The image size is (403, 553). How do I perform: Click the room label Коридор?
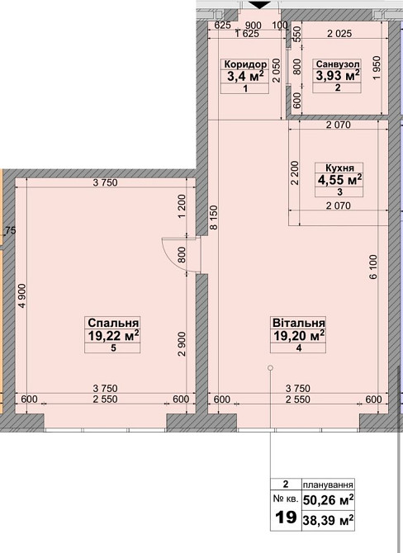(245, 64)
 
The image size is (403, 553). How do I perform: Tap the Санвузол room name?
(338, 64)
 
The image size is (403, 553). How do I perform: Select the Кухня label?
(339, 168)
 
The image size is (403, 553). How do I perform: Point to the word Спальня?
(113, 323)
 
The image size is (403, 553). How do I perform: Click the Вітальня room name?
(299, 323)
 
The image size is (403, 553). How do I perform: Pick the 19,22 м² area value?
(113, 336)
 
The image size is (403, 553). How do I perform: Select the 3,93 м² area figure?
(338, 75)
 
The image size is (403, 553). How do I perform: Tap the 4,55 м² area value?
(339, 179)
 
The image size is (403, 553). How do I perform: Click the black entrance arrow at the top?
(259, 5)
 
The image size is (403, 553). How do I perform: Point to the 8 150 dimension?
(213, 218)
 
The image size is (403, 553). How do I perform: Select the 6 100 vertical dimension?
(374, 267)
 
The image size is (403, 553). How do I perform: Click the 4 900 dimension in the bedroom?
(22, 296)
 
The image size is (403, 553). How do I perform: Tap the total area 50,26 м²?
(328, 499)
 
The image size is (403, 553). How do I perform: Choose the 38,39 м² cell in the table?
(328, 520)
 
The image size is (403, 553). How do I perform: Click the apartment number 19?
(286, 518)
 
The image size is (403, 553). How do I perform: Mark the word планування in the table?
(328, 484)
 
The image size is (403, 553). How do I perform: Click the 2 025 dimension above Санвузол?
(339, 34)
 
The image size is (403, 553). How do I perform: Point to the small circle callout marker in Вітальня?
(270, 368)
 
